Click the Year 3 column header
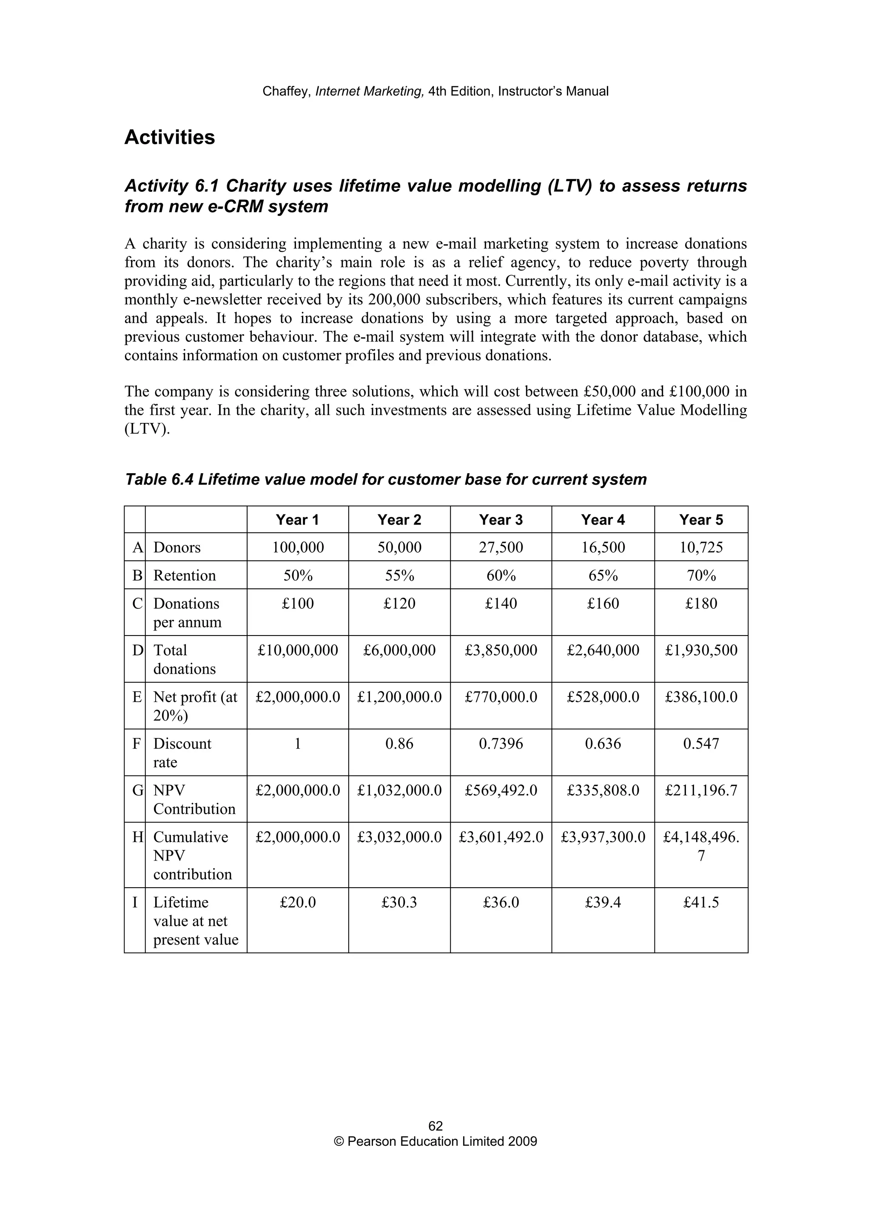coord(501,519)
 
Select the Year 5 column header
coord(701,519)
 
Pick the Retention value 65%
coord(603,575)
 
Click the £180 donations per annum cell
coord(701,604)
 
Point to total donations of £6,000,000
coord(399,650)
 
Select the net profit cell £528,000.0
coord(603,697)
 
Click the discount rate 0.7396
coord(501,744)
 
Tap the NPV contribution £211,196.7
coord(701,790)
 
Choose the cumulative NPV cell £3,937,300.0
coord(603,837)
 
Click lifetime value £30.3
coord(399,903)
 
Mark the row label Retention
coord(185,576)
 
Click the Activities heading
coord(170,137)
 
